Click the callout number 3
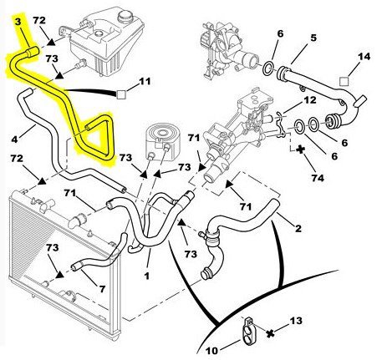click(18, 22)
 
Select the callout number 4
click(15, 139)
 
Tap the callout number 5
click(313, 38)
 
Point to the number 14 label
click(364, 57)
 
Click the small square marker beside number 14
click(344, 81)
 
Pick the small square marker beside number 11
click(121, 94)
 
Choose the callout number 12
click(309, 100)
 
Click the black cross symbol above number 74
click(300, 150)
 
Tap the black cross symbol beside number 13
click(270, 333)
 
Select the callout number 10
click(211, 351)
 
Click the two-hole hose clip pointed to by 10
click(249, 331)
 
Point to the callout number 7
click(102, 289)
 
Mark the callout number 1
click(147, 276)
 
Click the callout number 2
click(298, 229)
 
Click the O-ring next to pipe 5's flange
click(268, 68)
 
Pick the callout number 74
click(318, 178)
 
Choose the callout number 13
click(296, 321)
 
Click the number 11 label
click(145, 81)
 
